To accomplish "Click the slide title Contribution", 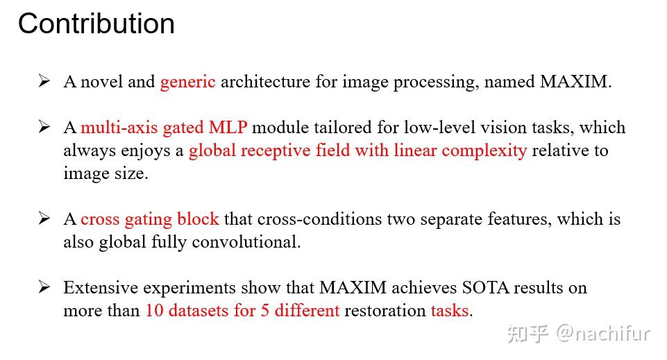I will tap(96, 24).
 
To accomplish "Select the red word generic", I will tap(187, 82).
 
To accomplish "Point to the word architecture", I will tap(266, 82).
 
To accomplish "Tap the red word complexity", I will tap(484, 151).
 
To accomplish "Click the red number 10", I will tap(153, 311).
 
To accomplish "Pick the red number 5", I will tap(264, 311).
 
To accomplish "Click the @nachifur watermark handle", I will tap(602, 334).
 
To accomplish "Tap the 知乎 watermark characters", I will tap(528, 334).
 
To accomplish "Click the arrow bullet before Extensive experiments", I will tap(44, 288).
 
